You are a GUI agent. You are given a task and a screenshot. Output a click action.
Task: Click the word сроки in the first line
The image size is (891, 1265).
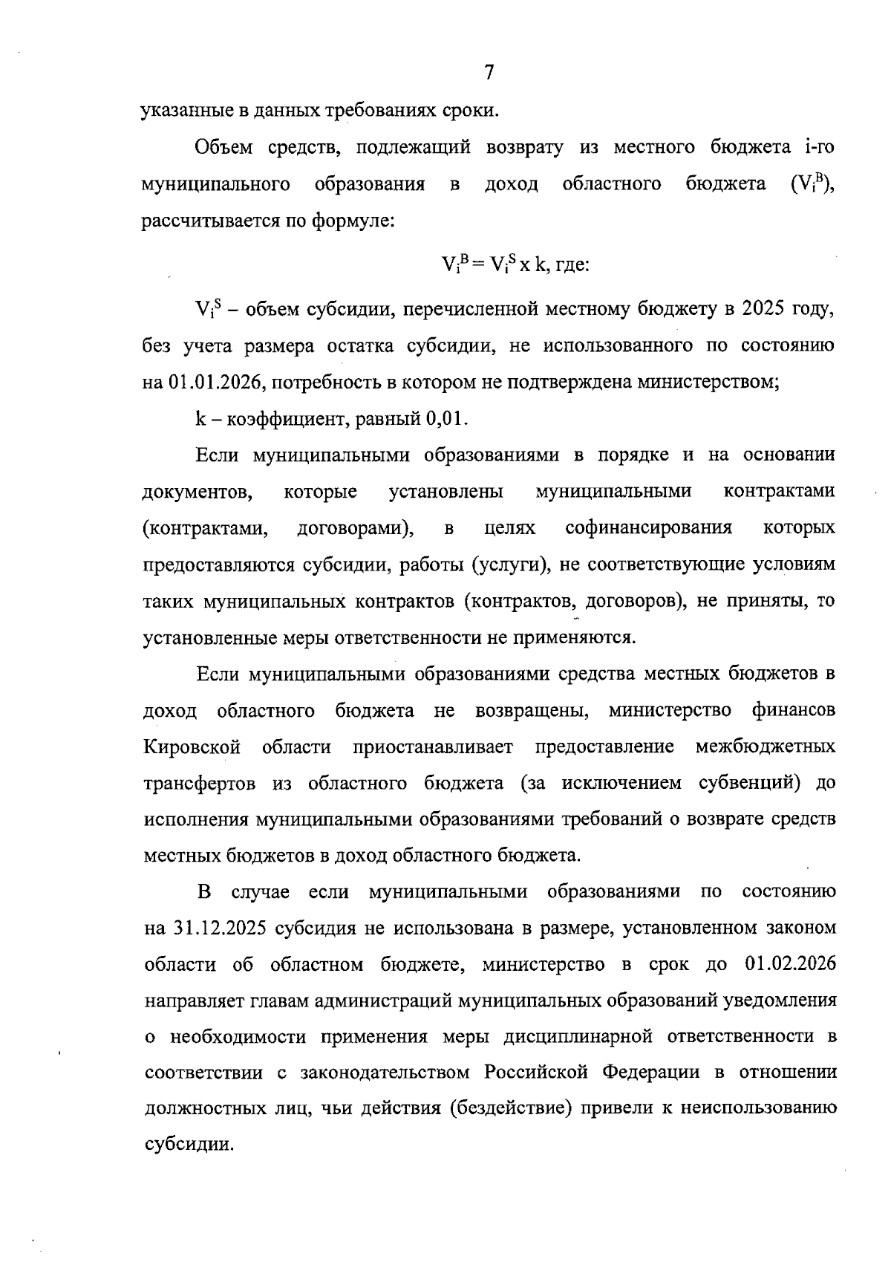click(469, 111)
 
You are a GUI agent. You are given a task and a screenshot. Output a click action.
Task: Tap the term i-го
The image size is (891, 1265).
click(819, 148)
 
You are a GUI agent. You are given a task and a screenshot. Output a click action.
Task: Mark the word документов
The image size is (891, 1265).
click(195, 492)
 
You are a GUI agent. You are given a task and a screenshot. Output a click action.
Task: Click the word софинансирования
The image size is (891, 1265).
click(648, 528)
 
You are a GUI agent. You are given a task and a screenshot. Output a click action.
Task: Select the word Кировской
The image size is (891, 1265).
click(192, 747)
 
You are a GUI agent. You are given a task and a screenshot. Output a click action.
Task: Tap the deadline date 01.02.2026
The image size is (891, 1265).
click(789, 965)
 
